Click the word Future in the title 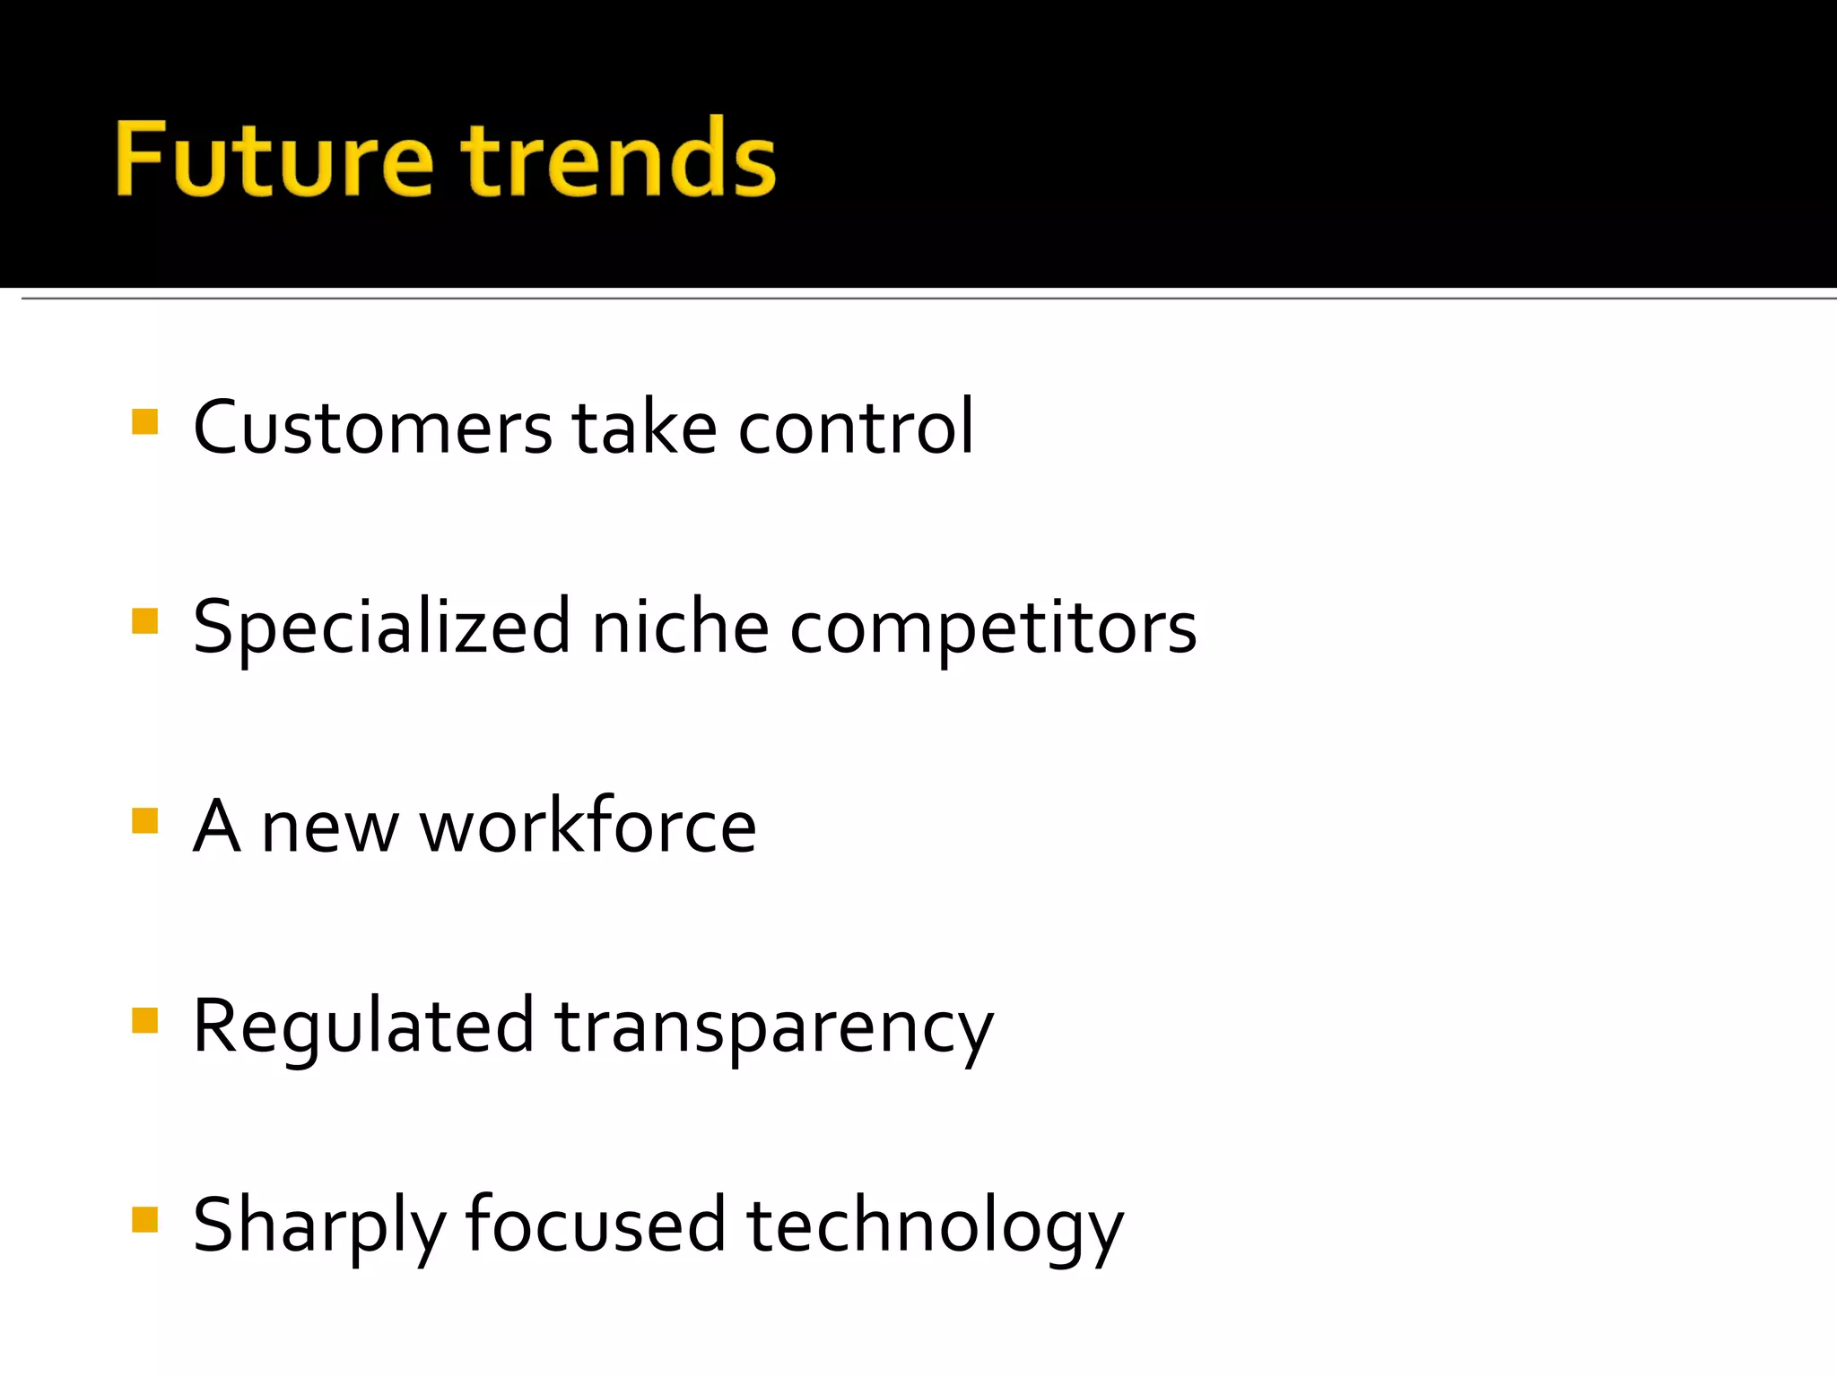[x=274, y=160]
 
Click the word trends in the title [x=619, y=160]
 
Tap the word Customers [x=372, y=429]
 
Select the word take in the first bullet [x=644, y=429]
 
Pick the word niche [x=680, y=628]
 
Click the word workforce [x=588, y=827]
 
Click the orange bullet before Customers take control [x=144, y=421]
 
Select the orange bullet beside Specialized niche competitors [x=144, y=621]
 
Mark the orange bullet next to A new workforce [x=144, y=820]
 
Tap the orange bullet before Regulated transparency [x=144, y=1020]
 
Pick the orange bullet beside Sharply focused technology [x=144, y=1219]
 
